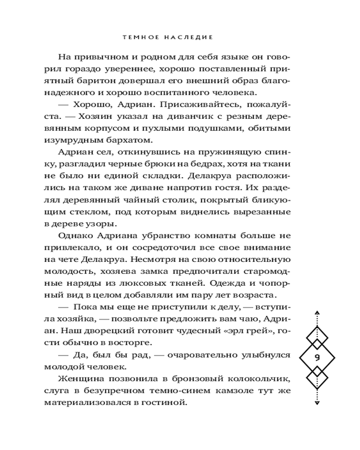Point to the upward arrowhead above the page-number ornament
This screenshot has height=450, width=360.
pos(317,312)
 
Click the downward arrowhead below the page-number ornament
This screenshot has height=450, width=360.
pos(317,403)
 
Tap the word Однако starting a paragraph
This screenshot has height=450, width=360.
pos(74,235)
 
